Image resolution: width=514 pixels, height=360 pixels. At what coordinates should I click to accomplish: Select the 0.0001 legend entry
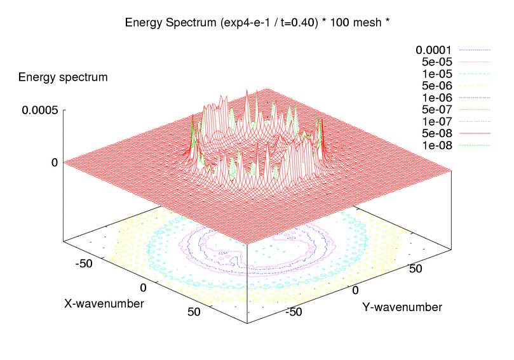coord(434,50)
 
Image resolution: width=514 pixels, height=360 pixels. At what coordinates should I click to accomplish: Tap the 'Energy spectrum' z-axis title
coord(63,77)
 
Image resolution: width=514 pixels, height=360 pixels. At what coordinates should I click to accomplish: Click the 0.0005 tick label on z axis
coord(40,110)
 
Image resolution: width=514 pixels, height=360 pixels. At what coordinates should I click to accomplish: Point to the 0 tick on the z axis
coord(55,163)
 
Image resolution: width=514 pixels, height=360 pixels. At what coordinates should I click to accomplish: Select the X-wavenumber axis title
coord(104,303)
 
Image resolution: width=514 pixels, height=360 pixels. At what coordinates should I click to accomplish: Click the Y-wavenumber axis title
coord(402,307)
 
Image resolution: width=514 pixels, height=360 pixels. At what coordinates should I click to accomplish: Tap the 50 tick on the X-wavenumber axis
coord(194,312)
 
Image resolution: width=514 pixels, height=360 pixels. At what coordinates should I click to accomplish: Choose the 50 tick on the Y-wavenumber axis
coord(416,269)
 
